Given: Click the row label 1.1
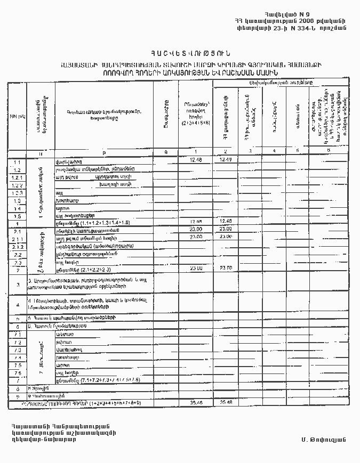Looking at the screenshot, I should [17, 162].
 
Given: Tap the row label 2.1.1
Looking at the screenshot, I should [17, 240].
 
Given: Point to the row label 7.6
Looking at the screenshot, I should [17, 373].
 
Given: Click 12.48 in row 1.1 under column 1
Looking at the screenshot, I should [196, 159].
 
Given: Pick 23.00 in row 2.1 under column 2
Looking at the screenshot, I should [226, 229].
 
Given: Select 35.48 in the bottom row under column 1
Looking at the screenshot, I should [196, 403].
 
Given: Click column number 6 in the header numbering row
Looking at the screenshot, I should [328, 152].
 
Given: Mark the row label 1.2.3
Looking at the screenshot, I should [17, 192].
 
